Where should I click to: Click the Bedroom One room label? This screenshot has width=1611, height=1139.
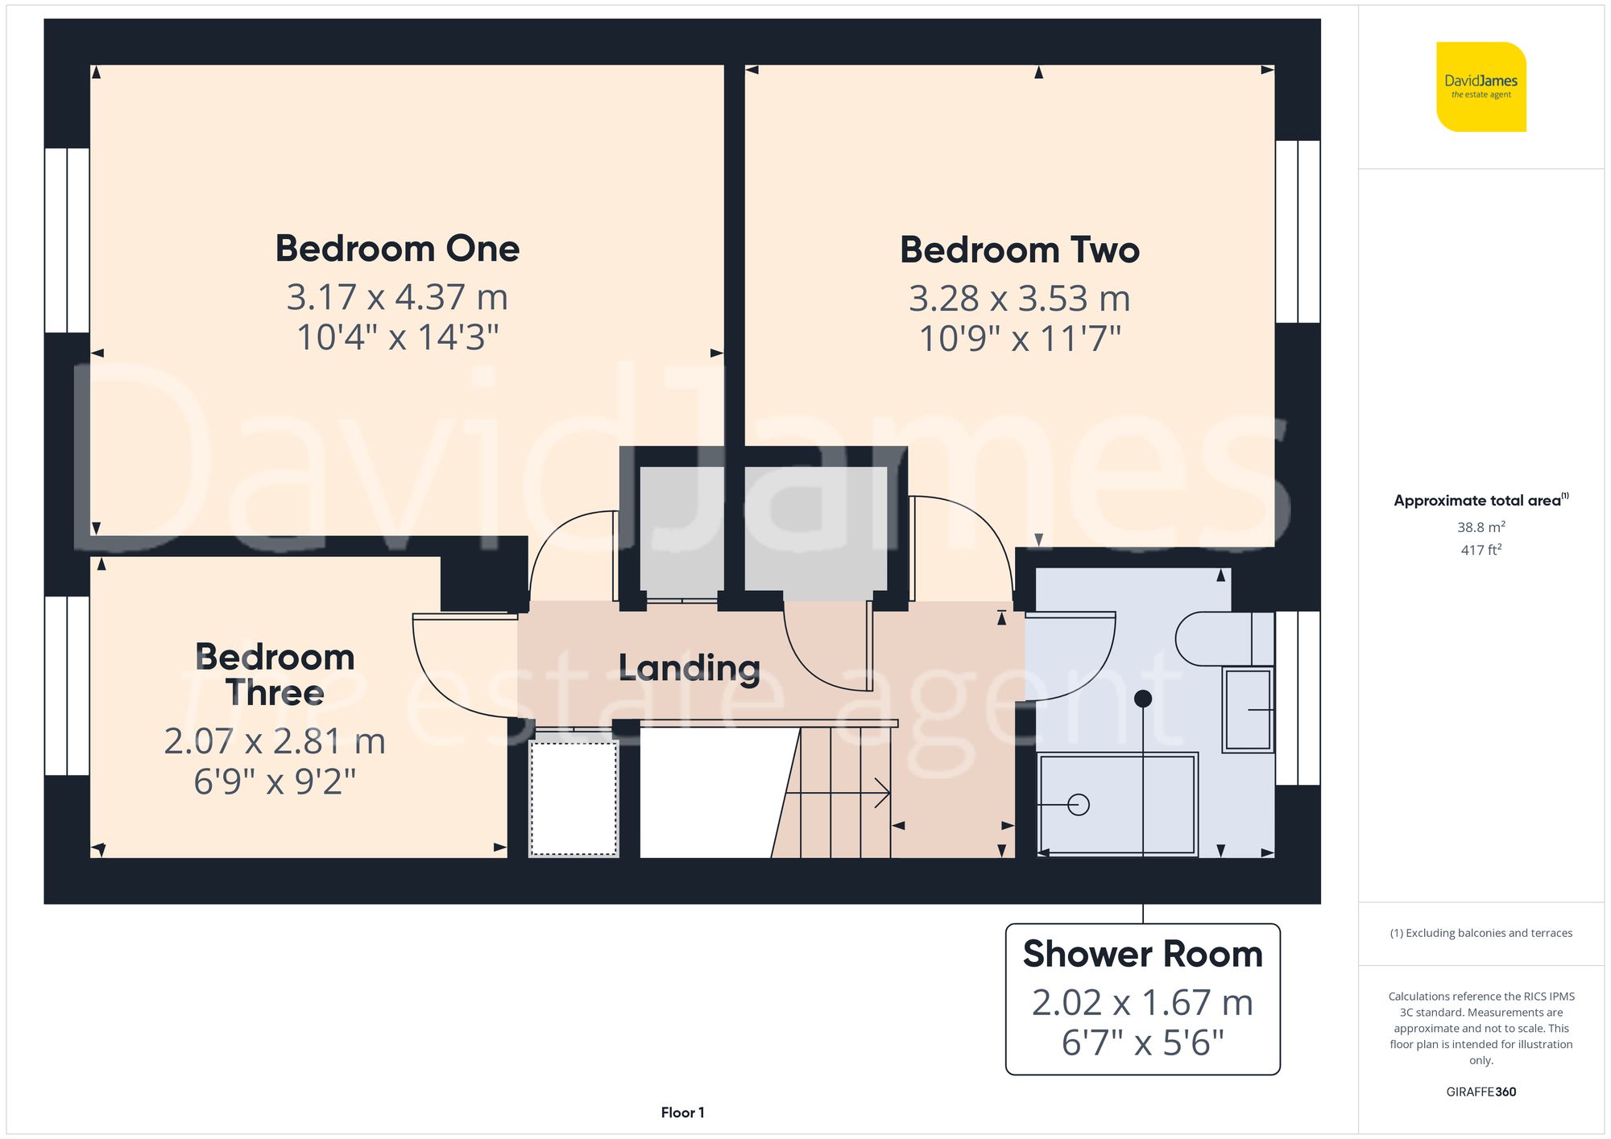[x=397, y=249]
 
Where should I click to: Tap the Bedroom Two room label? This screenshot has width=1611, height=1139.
[x=1020, y=250]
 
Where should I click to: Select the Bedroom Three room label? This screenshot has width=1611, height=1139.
[x=275, y=675]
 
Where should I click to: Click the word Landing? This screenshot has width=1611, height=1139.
[x=689, y=668]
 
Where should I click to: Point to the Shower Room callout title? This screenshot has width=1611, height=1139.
[x=1142, y=955]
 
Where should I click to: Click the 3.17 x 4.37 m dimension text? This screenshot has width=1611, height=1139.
[x=397, y=298]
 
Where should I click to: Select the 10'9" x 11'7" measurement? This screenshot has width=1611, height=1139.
[x=1020, y=339]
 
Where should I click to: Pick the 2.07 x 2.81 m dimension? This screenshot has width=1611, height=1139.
[x=275, y=741]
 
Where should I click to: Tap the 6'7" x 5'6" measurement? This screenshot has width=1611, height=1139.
[x=1142, y=1043]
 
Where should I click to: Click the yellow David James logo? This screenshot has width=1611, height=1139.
[x=1481, y=87]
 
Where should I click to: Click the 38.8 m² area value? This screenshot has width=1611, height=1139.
[x=1481, y=527]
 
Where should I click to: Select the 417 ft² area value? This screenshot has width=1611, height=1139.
[x=1481, y=550]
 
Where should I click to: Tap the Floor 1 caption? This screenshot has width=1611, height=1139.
[x=682, y=1112]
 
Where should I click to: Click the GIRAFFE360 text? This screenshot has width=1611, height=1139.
[x=1481, y=1092]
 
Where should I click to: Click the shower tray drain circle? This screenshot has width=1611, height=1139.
[x=1078, y=804]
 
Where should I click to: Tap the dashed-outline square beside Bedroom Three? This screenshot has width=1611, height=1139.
[x=574, y=799]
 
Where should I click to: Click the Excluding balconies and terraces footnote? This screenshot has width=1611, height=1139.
[x=1481, y=933]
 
